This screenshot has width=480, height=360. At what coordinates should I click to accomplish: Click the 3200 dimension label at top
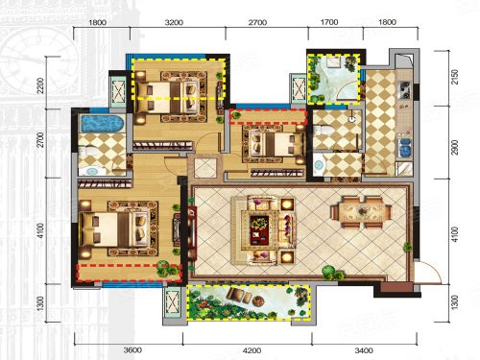pyautogui.click(x=175, y=22)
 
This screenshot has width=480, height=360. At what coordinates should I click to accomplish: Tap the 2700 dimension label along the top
pyautogui.click(x=257, y=22)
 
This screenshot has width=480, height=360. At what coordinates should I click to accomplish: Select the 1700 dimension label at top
pyautogui.click(x=329, y=22)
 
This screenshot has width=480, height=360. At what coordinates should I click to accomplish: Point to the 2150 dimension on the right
pyautogui.click(x=455, y=77)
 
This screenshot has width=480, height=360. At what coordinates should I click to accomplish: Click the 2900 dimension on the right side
pyautogui.click(x=455, y=147)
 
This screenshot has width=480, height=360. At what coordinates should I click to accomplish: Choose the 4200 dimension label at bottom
pyautogui.click(x=252, y=350)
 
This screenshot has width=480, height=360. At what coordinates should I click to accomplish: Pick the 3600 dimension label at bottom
pyautogui.click(x=132, y=350)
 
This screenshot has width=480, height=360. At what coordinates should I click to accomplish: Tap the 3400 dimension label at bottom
pyautogui.click(x=364, y=350)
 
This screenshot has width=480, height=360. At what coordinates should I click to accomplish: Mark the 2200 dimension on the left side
pyautogui.click(x=40, y=85)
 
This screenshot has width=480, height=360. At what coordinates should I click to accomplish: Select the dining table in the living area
pyautogui.click(x=362, y=212)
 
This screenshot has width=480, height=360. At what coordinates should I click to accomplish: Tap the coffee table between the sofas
pyautogui.click(x=259, y=229)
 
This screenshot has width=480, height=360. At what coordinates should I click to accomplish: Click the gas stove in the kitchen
pyautogui.click(x=404, y=90)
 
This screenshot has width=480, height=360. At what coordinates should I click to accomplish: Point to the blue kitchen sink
pyautogui.click(x=404, y=147)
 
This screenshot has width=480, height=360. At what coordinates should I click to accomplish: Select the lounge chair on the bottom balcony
pyautogui.click(x=239, y=295)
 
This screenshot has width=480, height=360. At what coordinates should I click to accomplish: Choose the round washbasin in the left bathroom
pyautogui.click(x=91, y=171)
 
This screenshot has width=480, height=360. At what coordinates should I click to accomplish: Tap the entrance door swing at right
pyautogui.click(x=429, y=272)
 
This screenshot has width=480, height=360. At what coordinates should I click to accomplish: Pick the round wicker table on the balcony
pyautogui.click(x=258, y=301)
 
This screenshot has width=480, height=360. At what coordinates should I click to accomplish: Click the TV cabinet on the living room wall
pyautogui.click(x=192, y=232)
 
